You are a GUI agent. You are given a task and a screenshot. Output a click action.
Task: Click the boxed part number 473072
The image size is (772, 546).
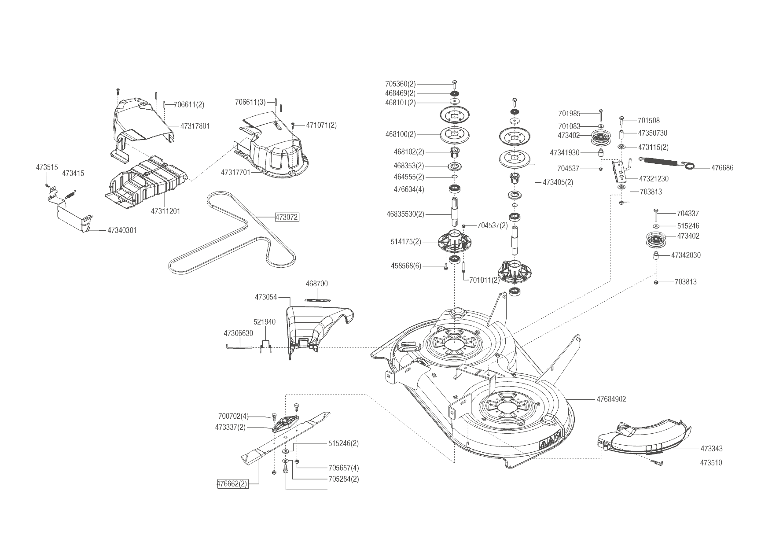(287, 217)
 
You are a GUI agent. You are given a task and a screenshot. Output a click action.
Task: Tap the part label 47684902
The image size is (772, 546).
(611, 399)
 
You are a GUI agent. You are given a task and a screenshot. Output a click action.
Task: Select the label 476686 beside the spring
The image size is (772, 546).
(722, 168)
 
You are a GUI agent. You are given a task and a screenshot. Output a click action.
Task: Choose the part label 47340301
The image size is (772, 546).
(122, 230)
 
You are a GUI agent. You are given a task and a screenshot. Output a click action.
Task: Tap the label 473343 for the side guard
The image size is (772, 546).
(711, 449)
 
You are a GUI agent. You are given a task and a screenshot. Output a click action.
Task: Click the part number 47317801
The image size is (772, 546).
(195, 126)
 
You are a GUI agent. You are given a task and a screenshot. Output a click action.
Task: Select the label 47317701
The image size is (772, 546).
(235, 173)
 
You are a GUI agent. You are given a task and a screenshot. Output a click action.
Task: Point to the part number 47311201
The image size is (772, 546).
(165, 211)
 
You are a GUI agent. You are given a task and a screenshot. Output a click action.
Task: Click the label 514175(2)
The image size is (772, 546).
(406, 242)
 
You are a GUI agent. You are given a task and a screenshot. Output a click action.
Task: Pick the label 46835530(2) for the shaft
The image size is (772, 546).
(405, 214)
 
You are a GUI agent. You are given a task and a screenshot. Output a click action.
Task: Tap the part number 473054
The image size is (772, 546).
(266, 297)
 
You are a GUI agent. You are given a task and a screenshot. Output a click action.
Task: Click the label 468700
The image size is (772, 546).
(317, 284)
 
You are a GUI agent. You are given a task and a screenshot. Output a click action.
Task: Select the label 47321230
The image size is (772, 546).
(654, 179)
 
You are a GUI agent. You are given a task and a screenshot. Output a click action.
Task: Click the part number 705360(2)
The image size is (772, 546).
(400, 84)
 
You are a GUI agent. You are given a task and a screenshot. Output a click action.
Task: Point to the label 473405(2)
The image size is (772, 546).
(558, 182)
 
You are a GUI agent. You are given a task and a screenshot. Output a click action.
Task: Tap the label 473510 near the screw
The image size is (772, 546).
(711, 463)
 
